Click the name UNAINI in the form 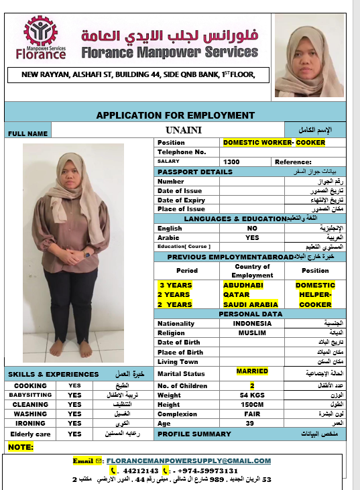coord(184,129)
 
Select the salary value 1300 coord(231,162)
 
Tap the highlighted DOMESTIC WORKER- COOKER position coord(274,143)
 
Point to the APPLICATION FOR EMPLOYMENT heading coord(175,115)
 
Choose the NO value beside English coord(252,229)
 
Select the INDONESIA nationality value coord(253,324)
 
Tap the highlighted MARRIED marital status coord(252,371)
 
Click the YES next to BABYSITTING coord(74,395)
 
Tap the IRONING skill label coord(30,424)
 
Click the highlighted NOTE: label coord(21,446)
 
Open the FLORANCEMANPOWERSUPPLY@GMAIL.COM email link coord(188,461)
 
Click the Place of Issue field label coord(181,209)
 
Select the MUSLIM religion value coord(252,333)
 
